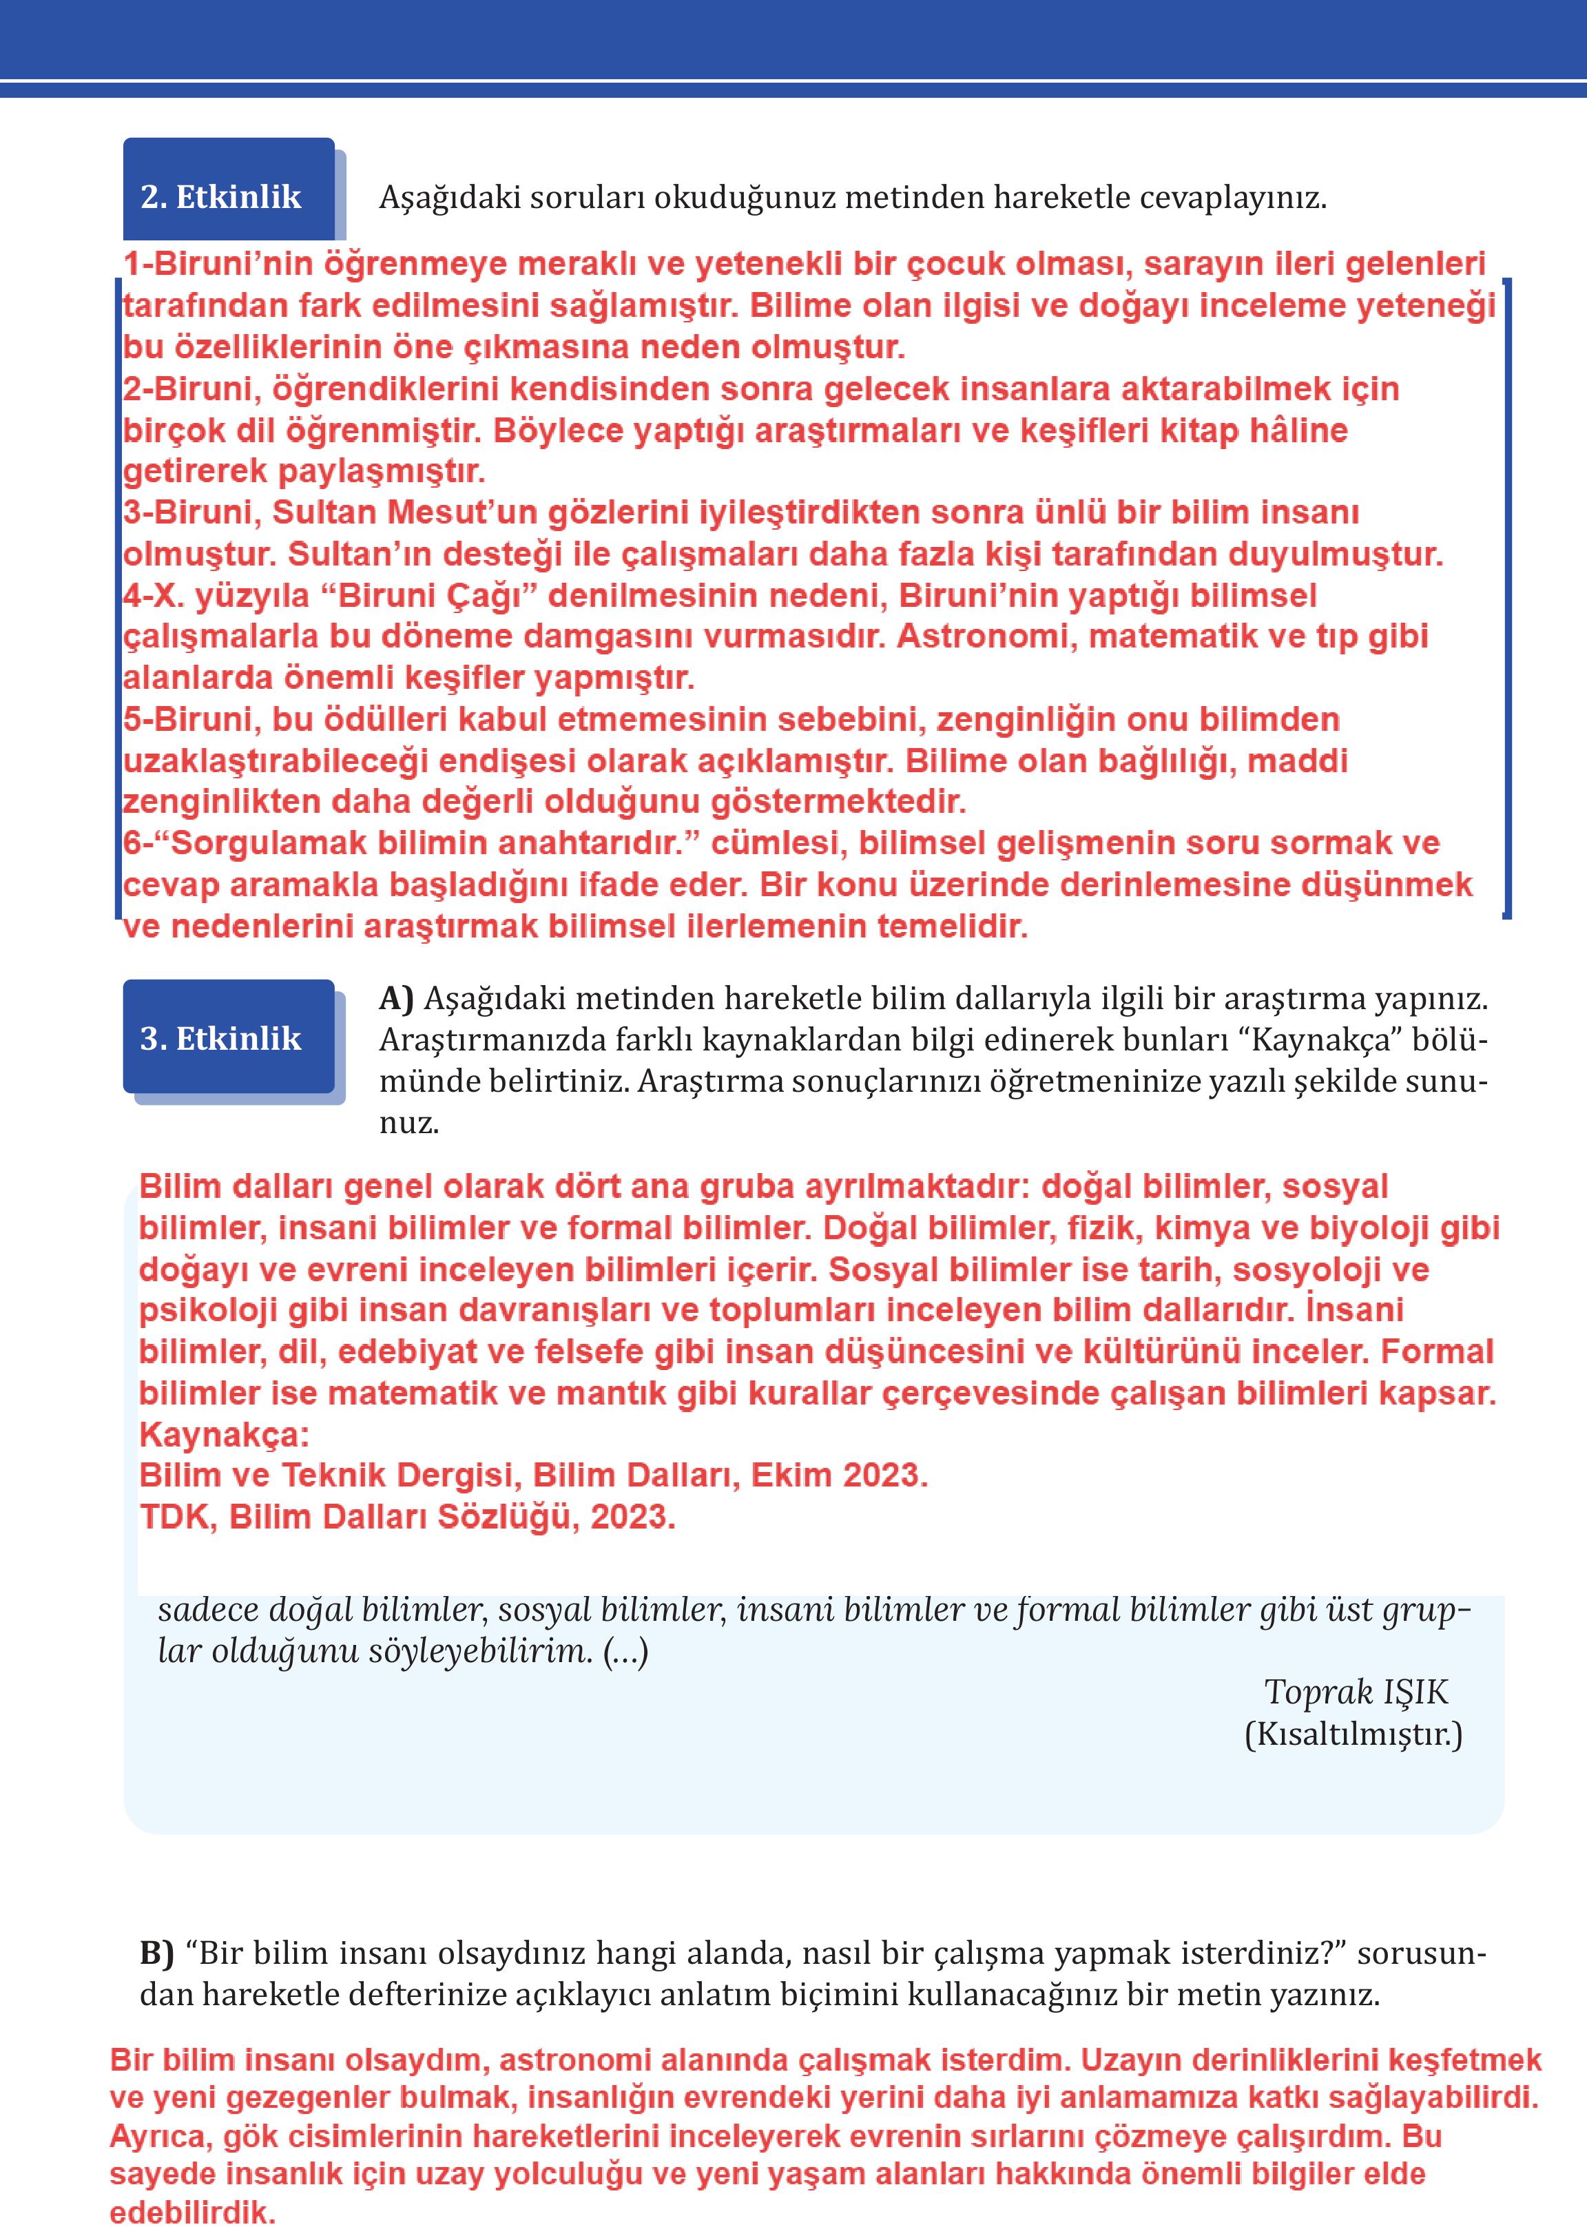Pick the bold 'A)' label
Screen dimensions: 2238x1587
coord(397,998)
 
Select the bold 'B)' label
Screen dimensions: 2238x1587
coord(157,1953)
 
